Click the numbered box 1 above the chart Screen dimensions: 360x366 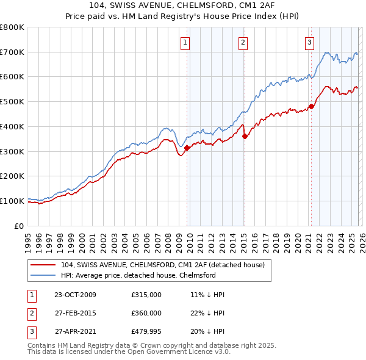click(x=184, y=42)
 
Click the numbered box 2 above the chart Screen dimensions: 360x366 click(x=243, y=42)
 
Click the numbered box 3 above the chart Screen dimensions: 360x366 click(x=309, y=42)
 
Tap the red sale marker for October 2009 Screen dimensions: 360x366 click(x=187, y=147)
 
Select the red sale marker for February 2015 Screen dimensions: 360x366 click(x=245, y=136)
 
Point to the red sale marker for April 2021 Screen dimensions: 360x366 click(x=311, y=106)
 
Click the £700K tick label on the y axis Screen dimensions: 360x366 click(x=12, y=52)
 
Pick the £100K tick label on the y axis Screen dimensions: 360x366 click(x=12, y=201)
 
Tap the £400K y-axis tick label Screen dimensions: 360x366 click(x=12, y=126)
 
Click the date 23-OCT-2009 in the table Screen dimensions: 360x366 click(x=75, y=295)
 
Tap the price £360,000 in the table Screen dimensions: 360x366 click(x=146, y=313)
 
